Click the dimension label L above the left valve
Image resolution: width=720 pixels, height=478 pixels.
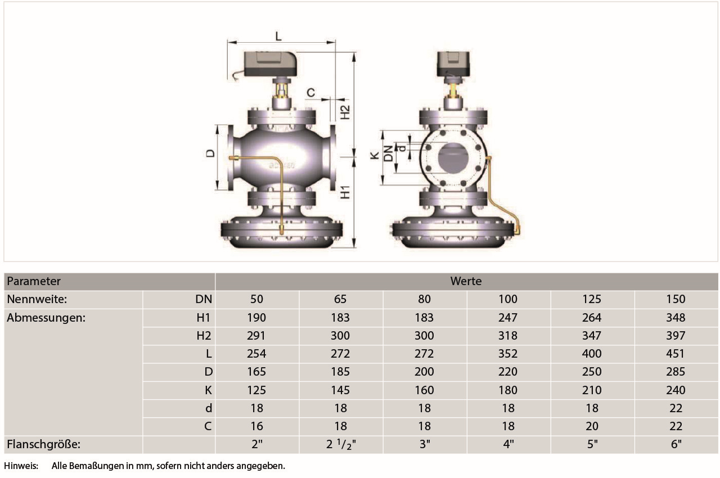[x=278, y=35]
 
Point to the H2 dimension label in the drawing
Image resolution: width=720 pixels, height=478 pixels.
[x=345, y=112]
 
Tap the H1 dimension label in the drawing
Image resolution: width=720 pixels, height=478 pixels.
[x=345, y=192]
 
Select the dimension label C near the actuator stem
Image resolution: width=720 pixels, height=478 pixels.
[x=311, y=93]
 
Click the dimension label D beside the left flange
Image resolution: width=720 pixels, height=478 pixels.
[x=210, y=153]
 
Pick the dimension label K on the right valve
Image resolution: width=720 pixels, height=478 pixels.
[x=375, y=156]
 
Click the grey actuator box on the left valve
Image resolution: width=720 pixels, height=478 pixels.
[x=270, y=64]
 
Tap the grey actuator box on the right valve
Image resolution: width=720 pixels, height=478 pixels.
[x=453, y=64]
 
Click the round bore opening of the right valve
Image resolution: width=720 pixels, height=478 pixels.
[x=453, y=157]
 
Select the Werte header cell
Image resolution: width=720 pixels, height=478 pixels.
[x=466, y=281]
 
